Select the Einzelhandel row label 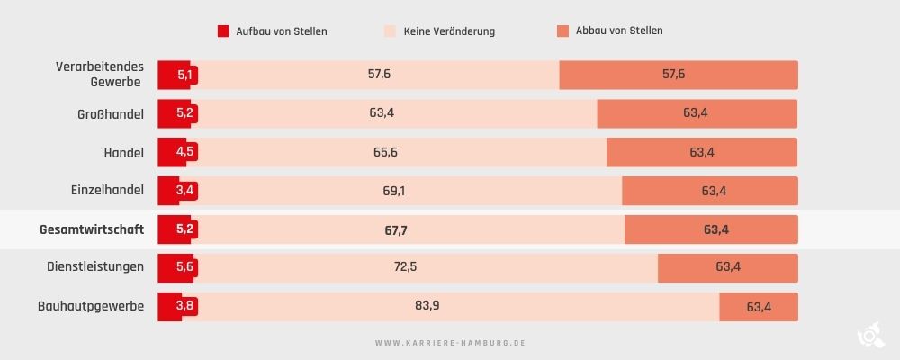[x=107, y=191]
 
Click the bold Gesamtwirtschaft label [x=92, y=229]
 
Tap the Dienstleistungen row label [x=95, y=267]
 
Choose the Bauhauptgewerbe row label [x=91, y=306]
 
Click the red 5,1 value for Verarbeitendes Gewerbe [x=184, y=75]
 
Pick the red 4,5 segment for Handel [x=184, y=152]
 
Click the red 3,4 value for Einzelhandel [x=184, y=191]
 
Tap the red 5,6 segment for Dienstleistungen [x=184, y=267]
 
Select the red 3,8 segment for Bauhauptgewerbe [x=184, y=306]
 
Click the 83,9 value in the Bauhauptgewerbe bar [x=427, y=305]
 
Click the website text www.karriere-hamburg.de [x=449, y=343]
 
